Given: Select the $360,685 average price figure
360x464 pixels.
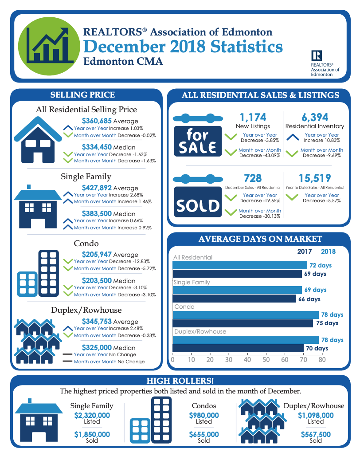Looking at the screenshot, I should (x=97, y=121).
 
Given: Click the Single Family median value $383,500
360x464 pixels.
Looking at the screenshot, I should (x=97, y=213).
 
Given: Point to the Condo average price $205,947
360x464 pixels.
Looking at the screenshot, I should (x=97, y=255).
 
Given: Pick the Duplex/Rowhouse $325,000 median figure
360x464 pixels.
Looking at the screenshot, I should (x=97, y=348).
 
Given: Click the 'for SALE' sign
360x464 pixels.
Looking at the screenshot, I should (x=197, y=141).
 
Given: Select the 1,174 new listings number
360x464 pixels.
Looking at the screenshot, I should (x=253, y=118).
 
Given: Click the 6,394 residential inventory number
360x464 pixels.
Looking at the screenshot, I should (x=315, y=118).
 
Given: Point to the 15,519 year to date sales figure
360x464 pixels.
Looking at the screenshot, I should (x=315, y=178).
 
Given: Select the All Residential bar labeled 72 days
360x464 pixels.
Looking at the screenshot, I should (x=239, y=265).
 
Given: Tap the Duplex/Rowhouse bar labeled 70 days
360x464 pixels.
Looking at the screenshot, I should (x=238, y=348).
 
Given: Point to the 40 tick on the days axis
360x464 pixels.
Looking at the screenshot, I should (x=247, y=360).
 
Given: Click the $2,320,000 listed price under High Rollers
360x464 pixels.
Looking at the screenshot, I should (x=92, y=416).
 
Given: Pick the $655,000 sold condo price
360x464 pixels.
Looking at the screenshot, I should (x=204, y=435).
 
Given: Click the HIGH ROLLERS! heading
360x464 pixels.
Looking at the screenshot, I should (x=180, y=381).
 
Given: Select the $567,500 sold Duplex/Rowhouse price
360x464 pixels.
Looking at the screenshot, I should (x=316, y=435).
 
